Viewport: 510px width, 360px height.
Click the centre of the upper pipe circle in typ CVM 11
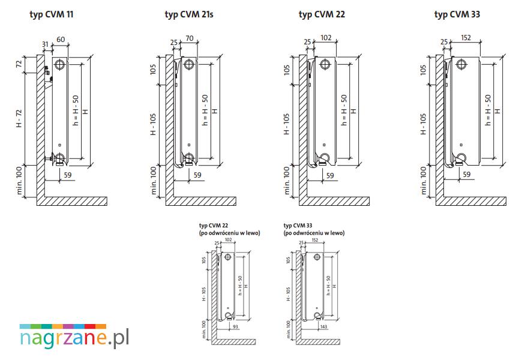(x=60, y=64)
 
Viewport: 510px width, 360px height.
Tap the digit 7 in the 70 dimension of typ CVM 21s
(x=187, y=38)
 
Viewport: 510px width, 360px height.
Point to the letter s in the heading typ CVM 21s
(x=211, y=14)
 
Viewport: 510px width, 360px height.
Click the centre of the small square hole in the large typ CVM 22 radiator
(x=324, y=145)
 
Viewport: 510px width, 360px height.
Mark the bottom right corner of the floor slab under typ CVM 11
(x=107, y=205)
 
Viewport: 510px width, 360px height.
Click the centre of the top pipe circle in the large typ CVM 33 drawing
(x=461, y=64)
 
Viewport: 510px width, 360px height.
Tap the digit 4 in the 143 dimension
(x=323, y=326)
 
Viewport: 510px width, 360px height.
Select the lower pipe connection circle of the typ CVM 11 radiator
(x=60, y=158)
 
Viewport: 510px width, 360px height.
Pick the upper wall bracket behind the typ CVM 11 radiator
(x=48, y=71)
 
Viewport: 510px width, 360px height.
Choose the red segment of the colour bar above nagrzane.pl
(x=90, y=326)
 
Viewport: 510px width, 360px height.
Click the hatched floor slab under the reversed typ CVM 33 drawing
(x=318, y=342)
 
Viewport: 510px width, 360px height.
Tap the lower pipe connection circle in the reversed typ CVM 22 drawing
(x=228, y=315)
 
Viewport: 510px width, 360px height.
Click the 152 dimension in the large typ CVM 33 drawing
(x=466, y=38)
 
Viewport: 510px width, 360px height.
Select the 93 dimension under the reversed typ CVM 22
(x=235, y=326)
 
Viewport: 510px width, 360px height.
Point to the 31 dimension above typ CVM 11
(x=45, y=44)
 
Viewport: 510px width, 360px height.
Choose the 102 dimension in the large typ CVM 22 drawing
(x=326, y=38)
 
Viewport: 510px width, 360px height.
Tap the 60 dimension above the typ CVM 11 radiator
(x=61, y=40)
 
